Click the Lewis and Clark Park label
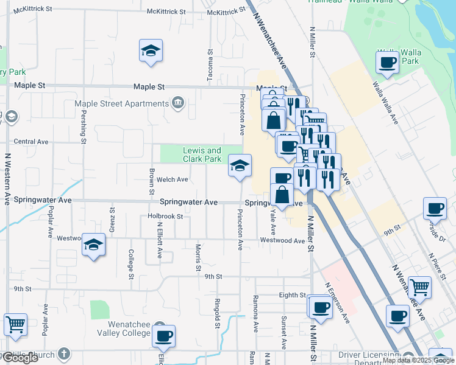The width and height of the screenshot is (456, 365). click(x=202, y=155)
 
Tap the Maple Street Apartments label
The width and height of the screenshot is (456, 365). click(x=121, y=103)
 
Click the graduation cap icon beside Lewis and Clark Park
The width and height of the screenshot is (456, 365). click(x=240, y=165)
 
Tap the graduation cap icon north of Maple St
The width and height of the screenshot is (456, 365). click(x=150, y=52)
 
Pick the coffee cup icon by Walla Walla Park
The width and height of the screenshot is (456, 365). click(x=388, y=61)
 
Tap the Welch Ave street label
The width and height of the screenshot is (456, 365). click(x=173, y=179)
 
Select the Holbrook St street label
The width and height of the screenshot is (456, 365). click(x=165, y=216)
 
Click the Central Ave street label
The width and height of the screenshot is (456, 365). click(x=31, y=142)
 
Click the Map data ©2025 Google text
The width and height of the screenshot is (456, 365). click(x=417, y=360)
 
